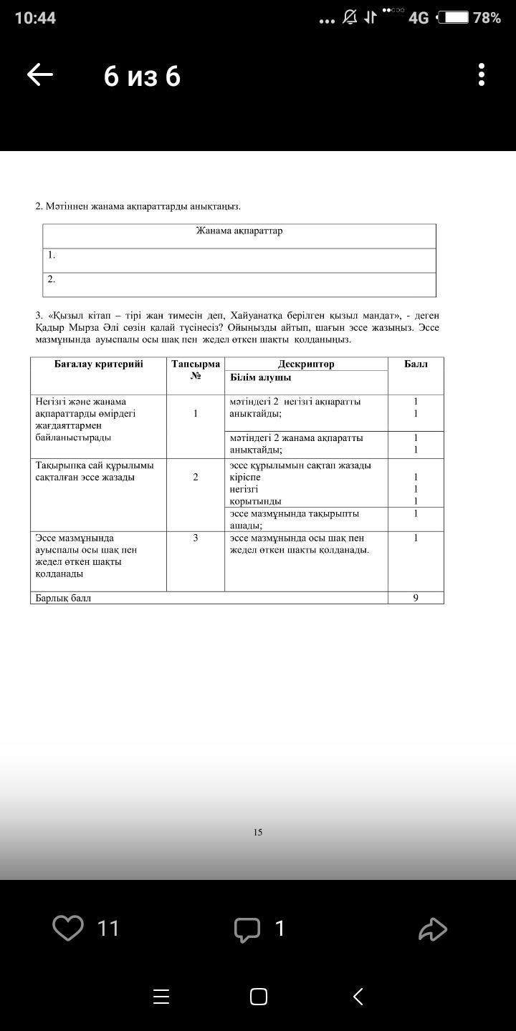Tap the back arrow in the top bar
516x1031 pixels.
click(40, 75)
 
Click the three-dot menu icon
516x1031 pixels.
click(482, 74)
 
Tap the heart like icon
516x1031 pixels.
click(68, 928)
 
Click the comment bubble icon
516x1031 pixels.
click(247, 929)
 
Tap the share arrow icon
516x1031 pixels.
click(433, 929)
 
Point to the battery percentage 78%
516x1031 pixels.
click(487, 18)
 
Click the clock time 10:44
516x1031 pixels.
click(35, 18)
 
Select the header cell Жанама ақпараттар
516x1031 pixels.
click(239, 231)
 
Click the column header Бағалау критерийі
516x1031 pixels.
click(98, 364)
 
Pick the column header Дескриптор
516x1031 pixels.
click(306, 364)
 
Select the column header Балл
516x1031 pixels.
click(416, 364)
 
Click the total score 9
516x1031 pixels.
click(416, 598)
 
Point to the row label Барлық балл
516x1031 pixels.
click(64, 598)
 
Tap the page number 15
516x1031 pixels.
click(258, 832)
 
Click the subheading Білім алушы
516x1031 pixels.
click(260, 377)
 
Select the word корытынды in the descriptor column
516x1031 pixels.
click(255, 501)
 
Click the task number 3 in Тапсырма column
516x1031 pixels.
click(196, 538)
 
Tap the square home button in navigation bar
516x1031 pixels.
click(259, 997)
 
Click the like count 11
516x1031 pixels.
click(107, 929)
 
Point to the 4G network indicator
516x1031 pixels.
click(419, 18)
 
